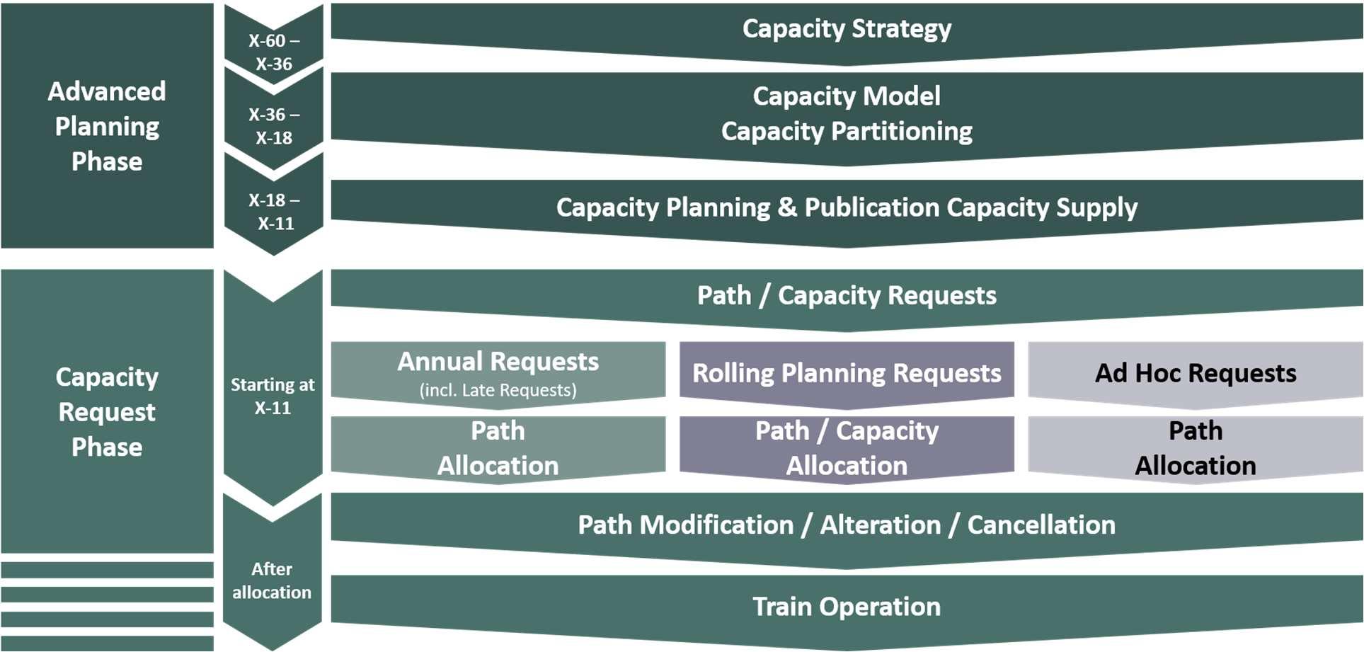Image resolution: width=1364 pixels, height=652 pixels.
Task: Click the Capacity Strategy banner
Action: click(847, 29)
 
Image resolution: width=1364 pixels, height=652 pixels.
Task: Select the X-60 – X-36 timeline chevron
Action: click(274, 52)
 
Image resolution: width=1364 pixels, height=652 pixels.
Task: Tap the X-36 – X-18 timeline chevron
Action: click(274, 126)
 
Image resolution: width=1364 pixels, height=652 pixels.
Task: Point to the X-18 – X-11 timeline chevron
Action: click(274, 211)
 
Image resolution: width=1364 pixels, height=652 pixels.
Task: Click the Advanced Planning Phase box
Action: click(107, 126)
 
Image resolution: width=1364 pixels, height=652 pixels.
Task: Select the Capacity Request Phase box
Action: click(107, 411)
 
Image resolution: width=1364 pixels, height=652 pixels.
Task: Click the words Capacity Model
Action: click(847, 96)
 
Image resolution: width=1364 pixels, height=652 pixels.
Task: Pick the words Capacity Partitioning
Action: click(847, 132)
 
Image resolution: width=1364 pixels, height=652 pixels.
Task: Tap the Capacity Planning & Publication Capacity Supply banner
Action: click(847, 207)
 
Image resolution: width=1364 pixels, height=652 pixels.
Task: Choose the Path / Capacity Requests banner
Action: click(847, 295)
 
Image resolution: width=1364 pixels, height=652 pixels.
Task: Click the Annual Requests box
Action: click(498, 362)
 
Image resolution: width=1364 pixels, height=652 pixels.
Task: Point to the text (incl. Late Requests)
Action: click(498, 390)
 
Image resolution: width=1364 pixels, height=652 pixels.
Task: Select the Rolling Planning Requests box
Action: click(847, 373)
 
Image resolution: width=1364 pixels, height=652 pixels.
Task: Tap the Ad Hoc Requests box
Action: click(1196, 373)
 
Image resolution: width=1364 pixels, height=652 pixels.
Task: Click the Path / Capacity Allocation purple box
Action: click(847, 448)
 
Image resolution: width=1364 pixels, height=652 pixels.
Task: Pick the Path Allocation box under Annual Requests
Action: click(498, 448)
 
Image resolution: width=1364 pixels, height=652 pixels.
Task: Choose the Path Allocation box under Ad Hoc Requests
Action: click(1196, 448)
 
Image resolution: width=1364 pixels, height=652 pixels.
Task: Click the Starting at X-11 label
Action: click(273, 396)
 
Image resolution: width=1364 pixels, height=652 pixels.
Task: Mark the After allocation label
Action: click(272, 580)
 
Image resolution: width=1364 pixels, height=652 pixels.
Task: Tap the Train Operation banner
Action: click(847, 607)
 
